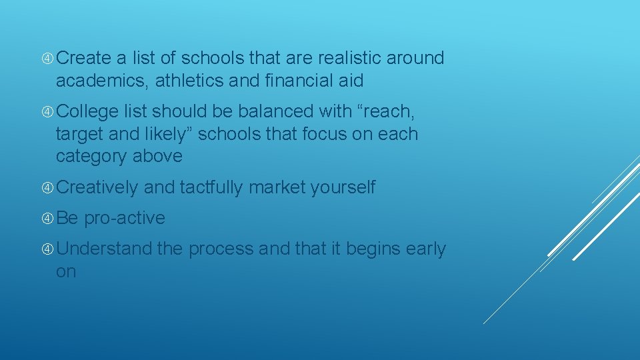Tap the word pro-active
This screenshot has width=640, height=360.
click(125, 218)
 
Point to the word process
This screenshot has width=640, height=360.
click(221, 249)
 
